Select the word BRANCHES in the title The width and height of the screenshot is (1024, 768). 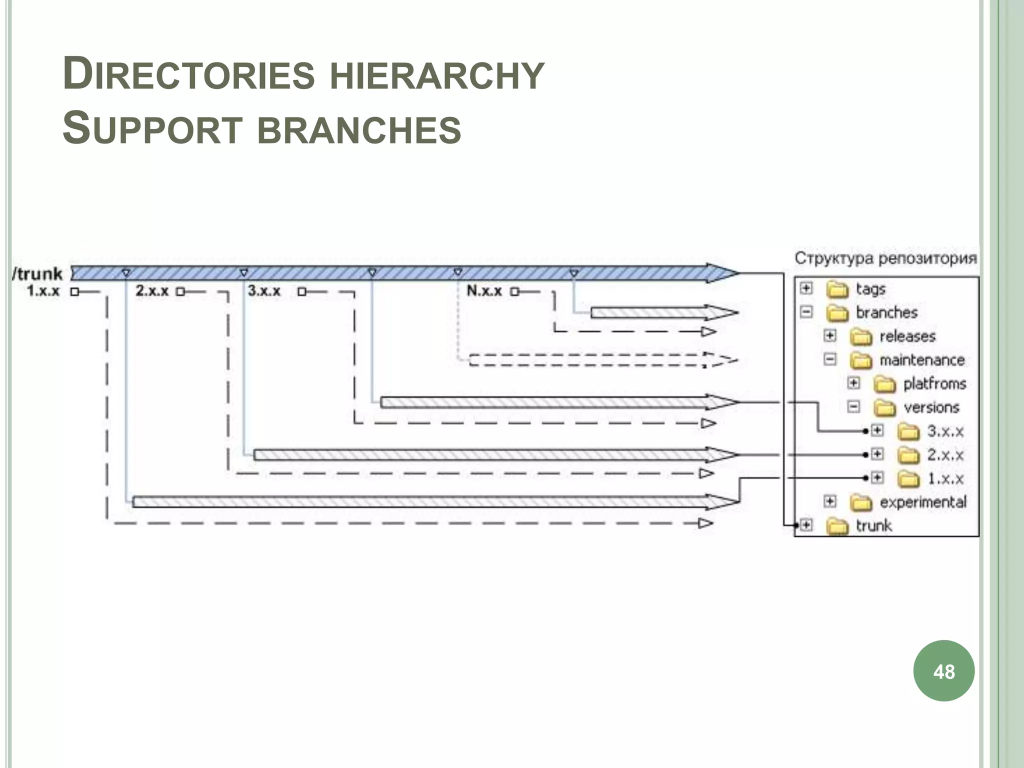[359, 129]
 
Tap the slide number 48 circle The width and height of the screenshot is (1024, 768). [943, 671]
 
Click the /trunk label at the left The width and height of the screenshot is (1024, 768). [38, 273]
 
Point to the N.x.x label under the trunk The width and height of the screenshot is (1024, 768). [484, 290]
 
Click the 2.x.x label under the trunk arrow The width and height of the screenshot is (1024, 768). [152, 290]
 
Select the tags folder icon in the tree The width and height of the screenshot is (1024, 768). [837, 289]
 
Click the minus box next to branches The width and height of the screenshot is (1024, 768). [806, 312]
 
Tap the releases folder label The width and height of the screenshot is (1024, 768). [907, 336]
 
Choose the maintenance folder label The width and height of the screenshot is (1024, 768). [921, 360]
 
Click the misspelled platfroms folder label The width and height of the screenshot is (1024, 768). [934, 383]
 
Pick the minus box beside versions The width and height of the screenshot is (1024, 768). [853, 406]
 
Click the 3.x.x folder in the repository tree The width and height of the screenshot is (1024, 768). [908, 431]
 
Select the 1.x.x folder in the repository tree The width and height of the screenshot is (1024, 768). [908, 478]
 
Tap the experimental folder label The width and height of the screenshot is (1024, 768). [922, 501]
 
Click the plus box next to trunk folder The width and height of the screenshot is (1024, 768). [806, 525]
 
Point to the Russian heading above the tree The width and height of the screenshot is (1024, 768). [885, 258]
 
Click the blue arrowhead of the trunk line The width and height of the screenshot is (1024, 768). [722, 273]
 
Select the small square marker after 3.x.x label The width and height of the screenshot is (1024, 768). [301, 291]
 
